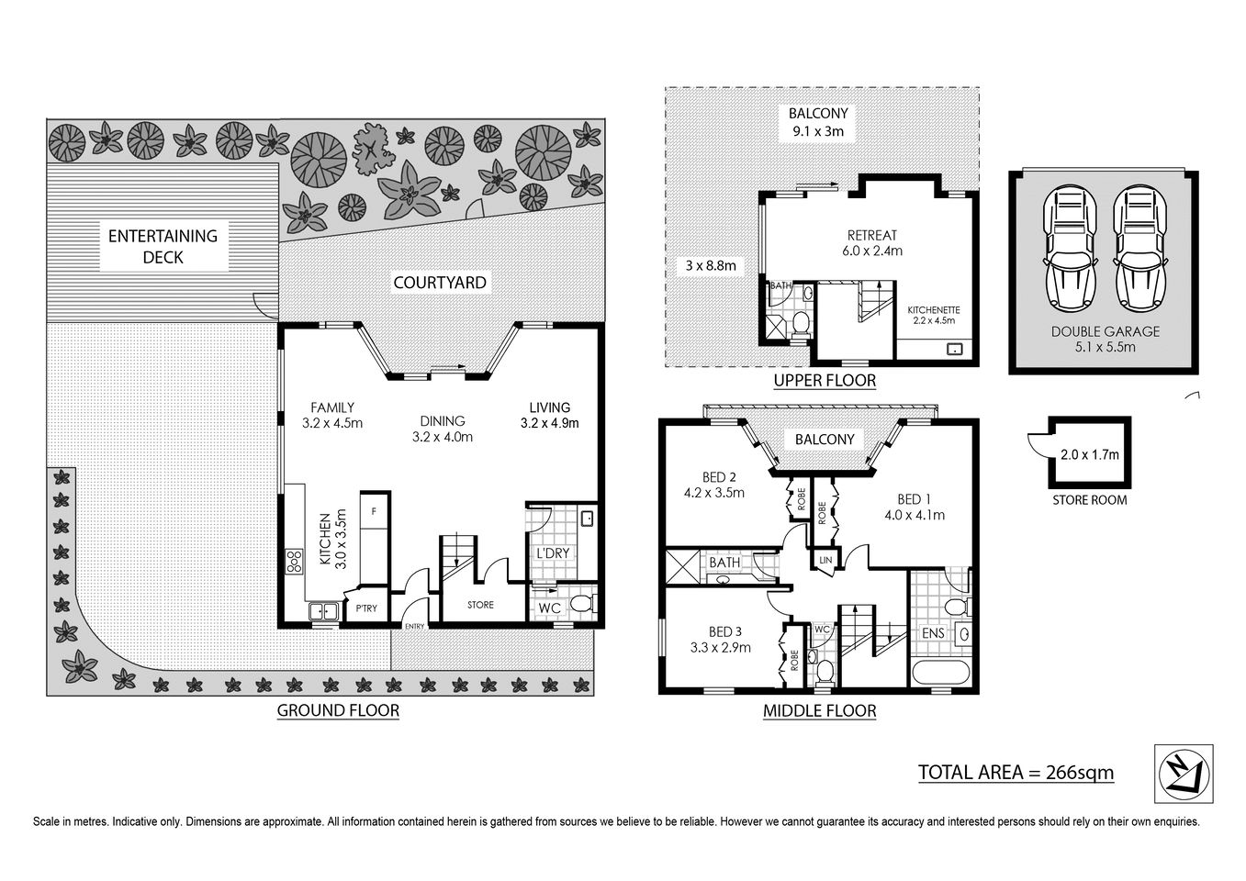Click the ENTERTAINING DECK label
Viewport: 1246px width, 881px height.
[x=163, y=247]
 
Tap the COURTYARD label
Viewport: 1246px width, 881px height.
[x=439, y=282]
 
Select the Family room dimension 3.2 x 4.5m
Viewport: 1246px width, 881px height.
[x=332, y=423]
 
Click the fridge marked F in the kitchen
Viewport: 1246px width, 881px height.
[x=374, y=509]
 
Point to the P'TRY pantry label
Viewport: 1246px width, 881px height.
[x=366, y=608]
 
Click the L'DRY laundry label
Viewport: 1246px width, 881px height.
[x=552, y=553]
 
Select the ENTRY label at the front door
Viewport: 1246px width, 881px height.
[x=415, y=627]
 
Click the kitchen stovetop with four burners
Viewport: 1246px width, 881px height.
[x=295, y=561]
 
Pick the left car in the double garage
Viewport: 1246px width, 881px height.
[x=1066, y=249]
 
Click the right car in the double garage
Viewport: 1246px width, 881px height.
[x=1138, y=249]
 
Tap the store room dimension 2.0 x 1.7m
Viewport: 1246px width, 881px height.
[x=1089, y=453]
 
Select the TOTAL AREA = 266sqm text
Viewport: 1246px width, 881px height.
[x=1016, y=772]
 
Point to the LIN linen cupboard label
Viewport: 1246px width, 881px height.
[x=825, y=560]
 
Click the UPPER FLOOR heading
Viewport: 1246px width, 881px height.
[x=824, y=380]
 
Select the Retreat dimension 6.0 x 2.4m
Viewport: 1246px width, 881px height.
[x=871, y=250]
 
